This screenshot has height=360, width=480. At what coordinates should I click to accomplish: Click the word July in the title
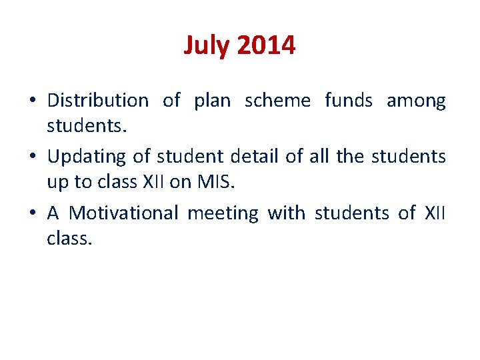pyautogui.click(x=207, y=46)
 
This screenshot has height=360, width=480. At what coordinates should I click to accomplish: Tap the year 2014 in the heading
pyautogui.click(x=265, y=46)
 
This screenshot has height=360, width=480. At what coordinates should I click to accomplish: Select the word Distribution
pyautogui.click(x=98, y=101)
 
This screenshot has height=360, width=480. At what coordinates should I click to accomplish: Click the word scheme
pyautogui.click(x=277, y=101)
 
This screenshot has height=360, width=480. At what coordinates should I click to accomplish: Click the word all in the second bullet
pyautogui.click(x=319, y=157)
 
